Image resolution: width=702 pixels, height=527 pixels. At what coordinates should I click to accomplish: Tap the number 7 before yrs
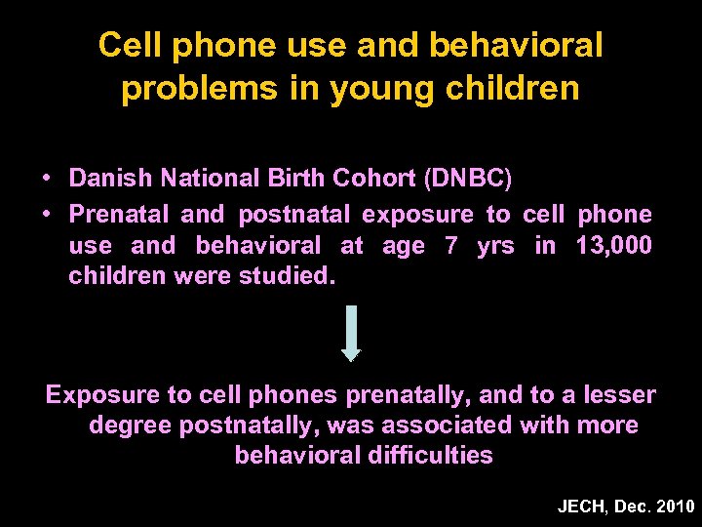tap(450, 246)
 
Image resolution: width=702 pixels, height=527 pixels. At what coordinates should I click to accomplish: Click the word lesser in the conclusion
tap(619, 395)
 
